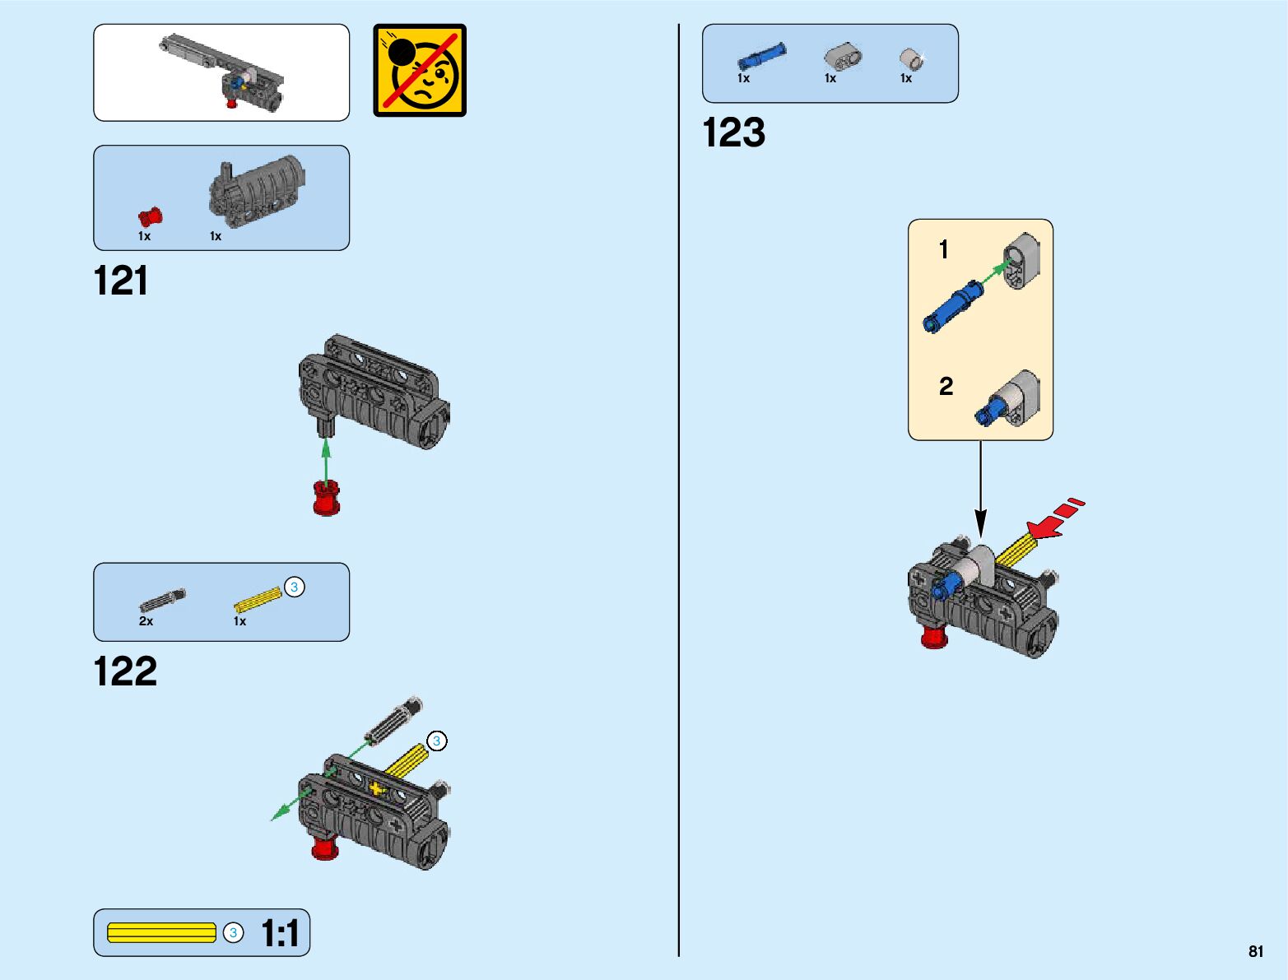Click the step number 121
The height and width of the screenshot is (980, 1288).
121,281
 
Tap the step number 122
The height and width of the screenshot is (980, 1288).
125,671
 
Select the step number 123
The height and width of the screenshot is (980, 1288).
733,133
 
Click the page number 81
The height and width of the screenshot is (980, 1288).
1255,952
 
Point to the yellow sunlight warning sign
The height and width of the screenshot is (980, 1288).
420,71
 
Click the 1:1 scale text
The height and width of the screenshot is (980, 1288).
280,934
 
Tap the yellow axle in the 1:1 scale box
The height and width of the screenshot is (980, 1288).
161,933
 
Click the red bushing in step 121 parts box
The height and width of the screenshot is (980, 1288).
151,217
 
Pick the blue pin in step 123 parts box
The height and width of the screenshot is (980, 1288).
761,57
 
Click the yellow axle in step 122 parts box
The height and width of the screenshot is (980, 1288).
258,600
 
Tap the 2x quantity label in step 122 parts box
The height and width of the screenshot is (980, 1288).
146,621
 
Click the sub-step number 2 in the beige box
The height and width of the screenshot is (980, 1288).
946,386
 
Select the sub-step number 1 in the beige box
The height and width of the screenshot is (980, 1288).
944,249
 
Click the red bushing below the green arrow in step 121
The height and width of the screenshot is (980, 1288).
327,499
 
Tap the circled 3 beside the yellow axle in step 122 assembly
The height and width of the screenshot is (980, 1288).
437,741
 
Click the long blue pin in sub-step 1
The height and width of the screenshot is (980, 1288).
952,306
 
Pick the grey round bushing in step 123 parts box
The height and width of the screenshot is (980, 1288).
910,58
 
